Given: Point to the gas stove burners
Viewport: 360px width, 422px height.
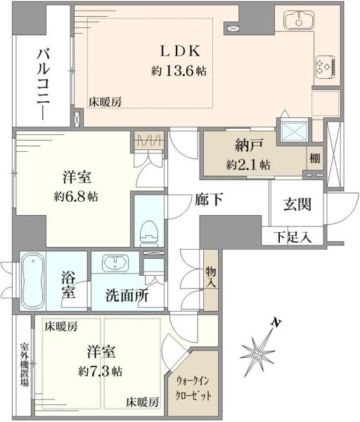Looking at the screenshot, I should [x=325, y=66].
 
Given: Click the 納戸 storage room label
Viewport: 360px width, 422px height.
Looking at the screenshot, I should [x=249, y=146].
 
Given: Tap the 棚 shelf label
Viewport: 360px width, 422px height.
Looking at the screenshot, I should [x=314, y=159].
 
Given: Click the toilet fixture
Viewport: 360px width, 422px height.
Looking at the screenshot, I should [x=148, y=230].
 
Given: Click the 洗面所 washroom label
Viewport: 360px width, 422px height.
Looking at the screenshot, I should [x=127, y=296].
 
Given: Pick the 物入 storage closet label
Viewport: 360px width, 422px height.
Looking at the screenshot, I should [x=210, y=276].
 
